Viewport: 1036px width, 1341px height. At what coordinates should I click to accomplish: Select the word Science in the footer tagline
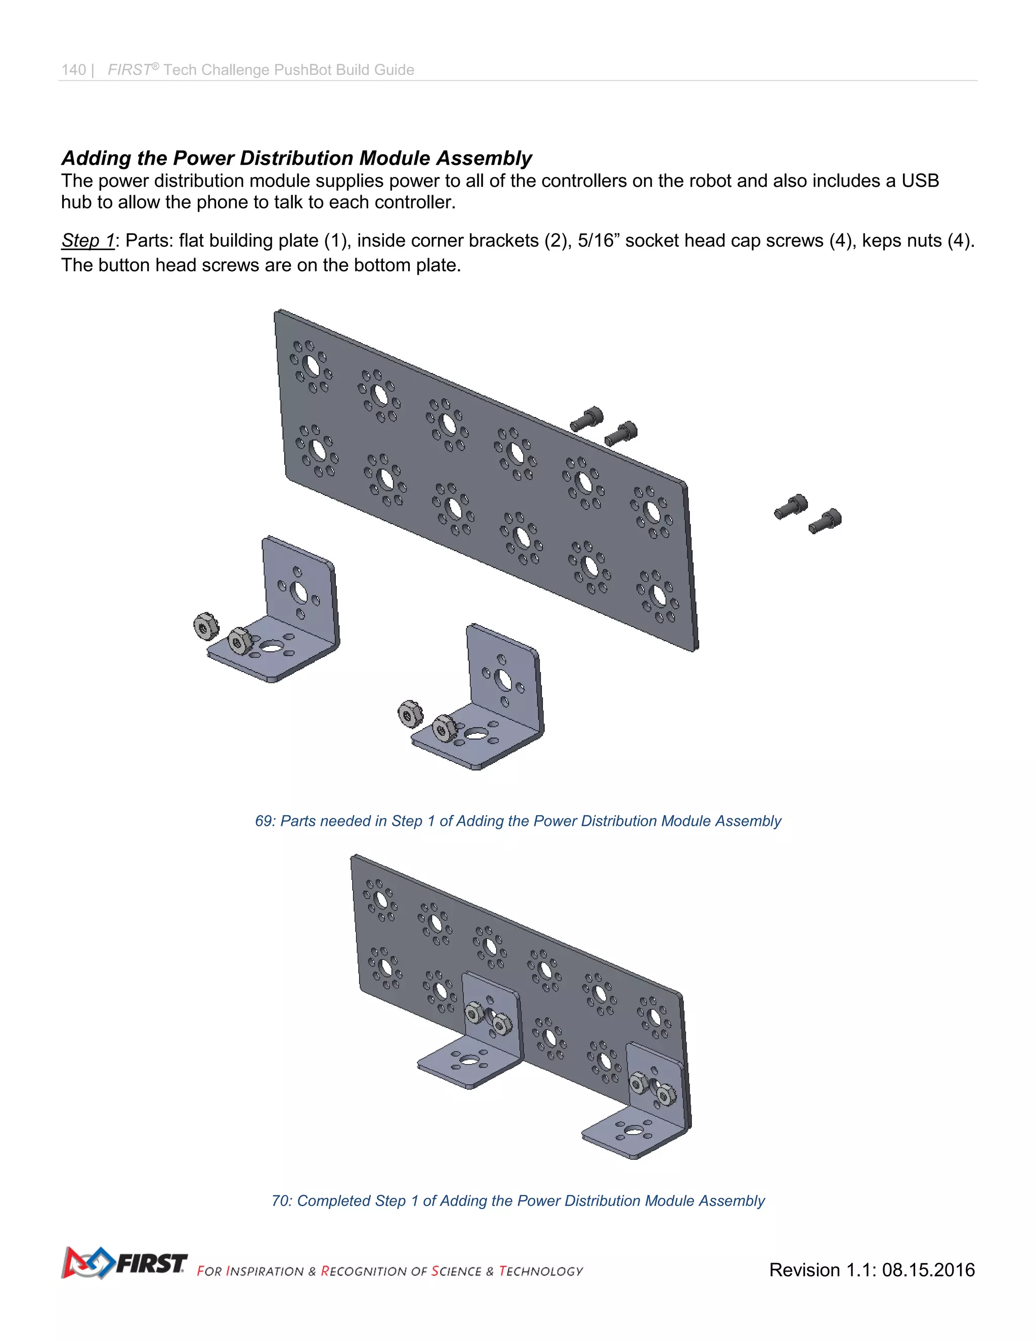(x=456, y=1271)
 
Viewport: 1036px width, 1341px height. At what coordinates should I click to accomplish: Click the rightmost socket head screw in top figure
(x=826, y=521)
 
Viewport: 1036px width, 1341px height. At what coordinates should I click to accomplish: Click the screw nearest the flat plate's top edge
(x=587, y=419)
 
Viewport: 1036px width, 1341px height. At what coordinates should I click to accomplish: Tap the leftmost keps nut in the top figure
(x=204, y=625)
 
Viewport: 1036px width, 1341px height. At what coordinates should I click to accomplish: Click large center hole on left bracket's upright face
(x=299, y=593)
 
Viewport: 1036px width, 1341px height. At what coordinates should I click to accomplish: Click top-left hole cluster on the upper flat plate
(x=311, y=366)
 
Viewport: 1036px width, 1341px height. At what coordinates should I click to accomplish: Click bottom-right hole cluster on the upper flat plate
(x=657, y=595)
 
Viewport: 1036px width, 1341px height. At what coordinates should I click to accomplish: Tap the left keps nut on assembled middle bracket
(x=474, y=1012)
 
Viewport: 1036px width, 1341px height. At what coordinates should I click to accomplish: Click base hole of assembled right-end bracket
(x=632, y=1130)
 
